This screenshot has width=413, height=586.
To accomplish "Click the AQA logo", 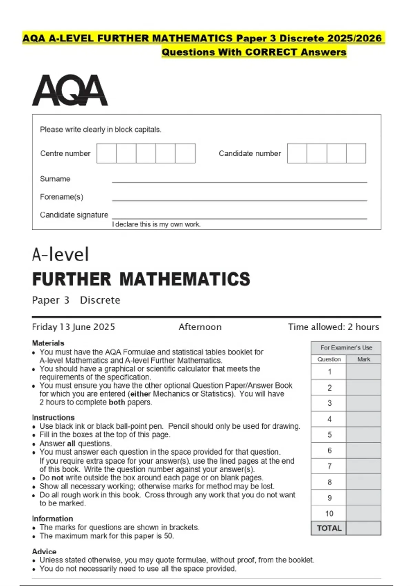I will click(x=70, y=90).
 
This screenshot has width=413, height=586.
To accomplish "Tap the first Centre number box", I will click(x=106, y=153).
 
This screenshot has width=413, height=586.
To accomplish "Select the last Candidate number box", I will click(x=356, y=153).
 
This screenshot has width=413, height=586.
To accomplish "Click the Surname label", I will click(x=55, y=179).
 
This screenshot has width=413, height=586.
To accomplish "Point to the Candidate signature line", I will click(x=239, y=218).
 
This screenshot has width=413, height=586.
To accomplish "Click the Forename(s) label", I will click(x=62, y=197).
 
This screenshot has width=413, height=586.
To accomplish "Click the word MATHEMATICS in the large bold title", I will click(x=184, y=279).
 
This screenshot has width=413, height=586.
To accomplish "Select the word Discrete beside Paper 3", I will click(x=100, y=300).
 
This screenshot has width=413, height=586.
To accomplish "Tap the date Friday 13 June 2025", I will click(x=74, y=327).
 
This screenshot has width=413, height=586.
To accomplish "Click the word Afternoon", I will click(x=200, y=327).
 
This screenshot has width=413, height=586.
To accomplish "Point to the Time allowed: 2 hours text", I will click(x=333, y=327).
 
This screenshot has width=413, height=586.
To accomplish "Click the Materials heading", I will click(x=48, y=343).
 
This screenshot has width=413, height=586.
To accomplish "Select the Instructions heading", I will click(x=53, y=417).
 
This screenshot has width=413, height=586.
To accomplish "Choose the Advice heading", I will click(x=44, y=552).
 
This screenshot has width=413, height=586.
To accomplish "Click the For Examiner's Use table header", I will click(x=346, y=348).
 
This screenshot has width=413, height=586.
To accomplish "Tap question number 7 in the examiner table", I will click(x=329, y=466).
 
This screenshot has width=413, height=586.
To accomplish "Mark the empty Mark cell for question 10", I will click(x=363, y=514).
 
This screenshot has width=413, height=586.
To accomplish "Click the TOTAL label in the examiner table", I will click(x=329, y=528).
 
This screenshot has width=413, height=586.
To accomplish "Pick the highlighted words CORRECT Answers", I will click(x=296, y=52).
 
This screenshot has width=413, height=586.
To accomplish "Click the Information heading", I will click(x=53, y=519).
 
